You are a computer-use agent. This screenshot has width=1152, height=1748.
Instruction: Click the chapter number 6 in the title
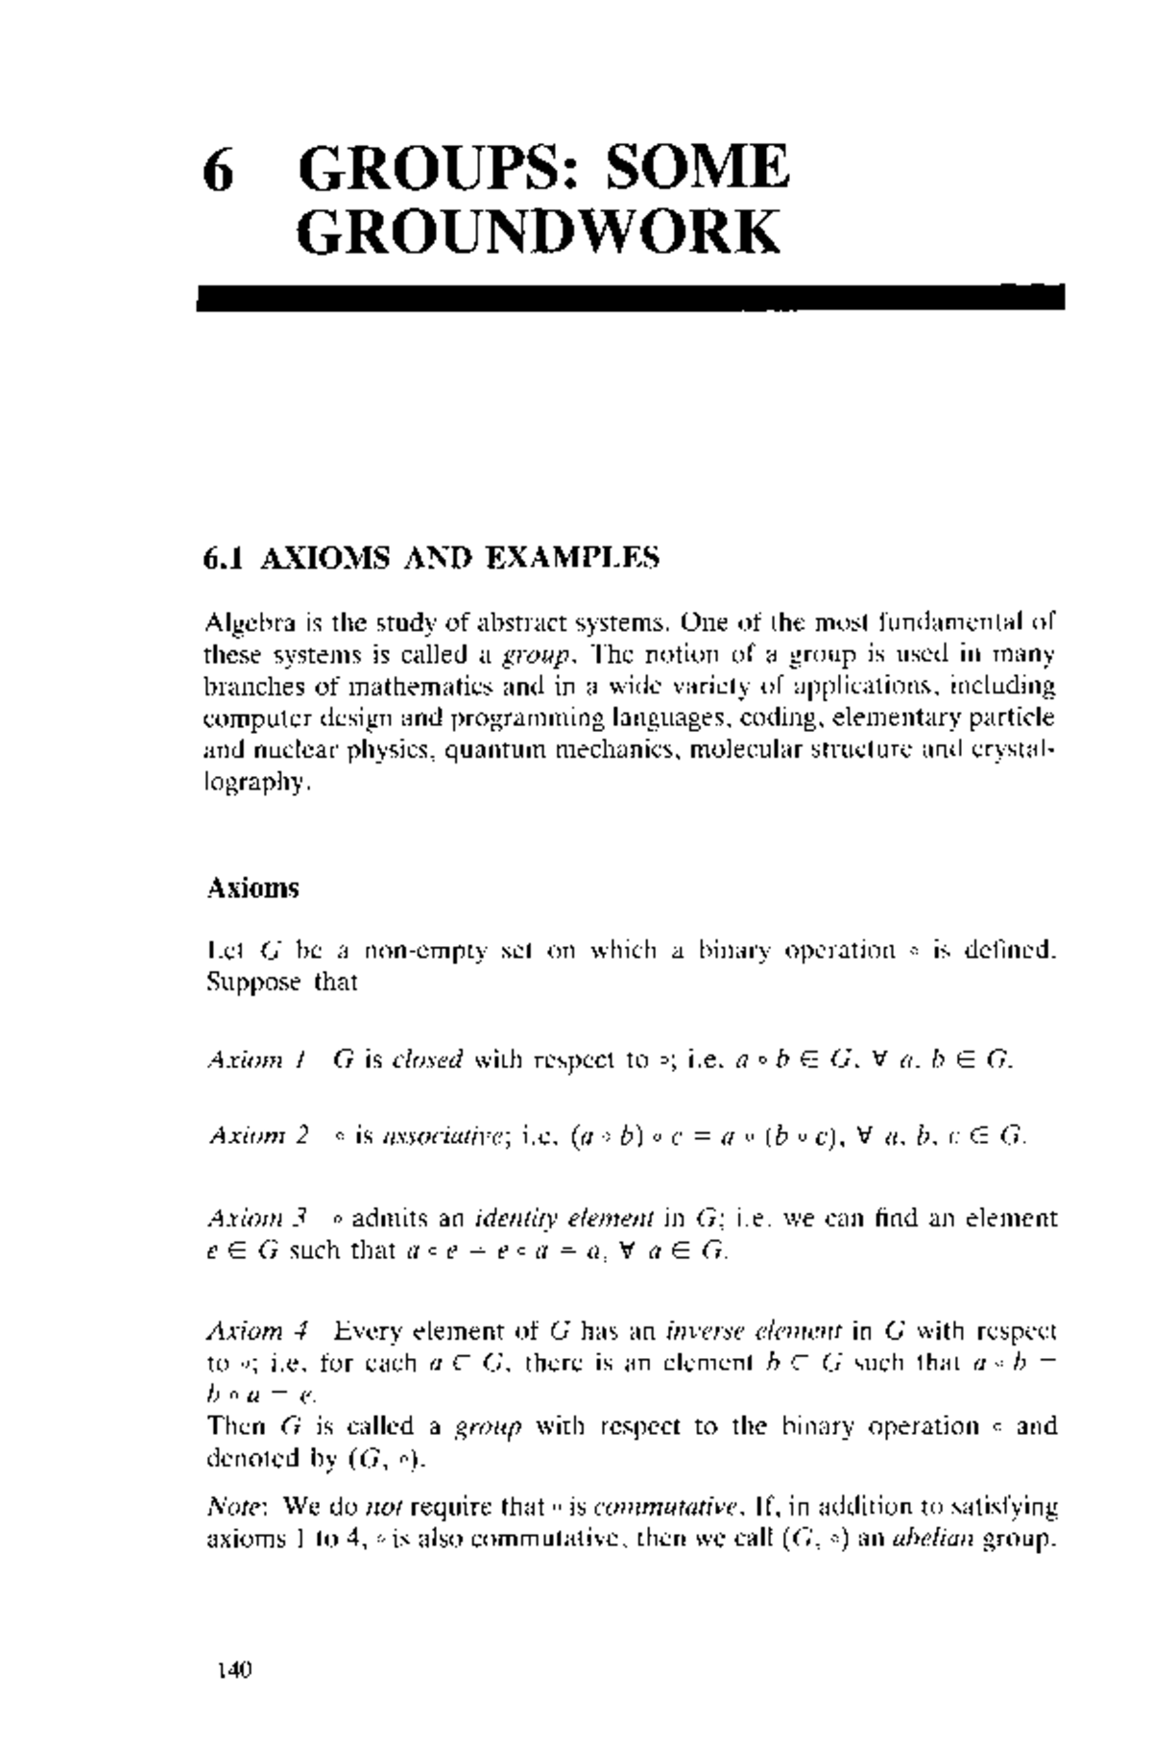click(x=219, y=170)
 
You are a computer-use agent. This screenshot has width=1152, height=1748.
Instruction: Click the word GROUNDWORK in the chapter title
click(x=538, y=233)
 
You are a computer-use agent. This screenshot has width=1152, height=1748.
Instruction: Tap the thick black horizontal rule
click(x=630, y=298)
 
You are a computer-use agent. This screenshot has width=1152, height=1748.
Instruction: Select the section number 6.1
click(x=226, y=557)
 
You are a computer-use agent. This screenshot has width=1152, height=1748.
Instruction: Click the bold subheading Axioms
click(x=253, y=887)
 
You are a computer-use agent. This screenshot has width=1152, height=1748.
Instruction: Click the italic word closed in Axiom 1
click(x=427, y=1060)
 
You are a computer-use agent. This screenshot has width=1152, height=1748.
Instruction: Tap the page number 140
click(x=233, y=1670)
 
